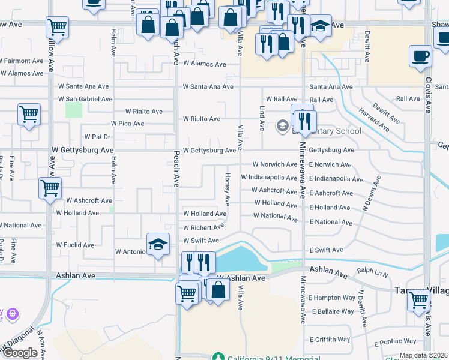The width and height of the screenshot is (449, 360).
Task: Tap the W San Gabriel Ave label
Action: coord(85,99)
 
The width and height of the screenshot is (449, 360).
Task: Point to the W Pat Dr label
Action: coord(99,137)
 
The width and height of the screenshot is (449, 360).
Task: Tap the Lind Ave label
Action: coord(262,118)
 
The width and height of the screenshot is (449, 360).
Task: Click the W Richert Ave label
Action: coord(203,228)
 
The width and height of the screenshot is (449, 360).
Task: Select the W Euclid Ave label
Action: coord(75,245)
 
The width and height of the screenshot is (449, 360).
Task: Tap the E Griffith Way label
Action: coord(329,339)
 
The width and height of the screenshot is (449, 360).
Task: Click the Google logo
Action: coord(20,353)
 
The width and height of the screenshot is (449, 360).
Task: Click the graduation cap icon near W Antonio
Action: coord(157,245)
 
